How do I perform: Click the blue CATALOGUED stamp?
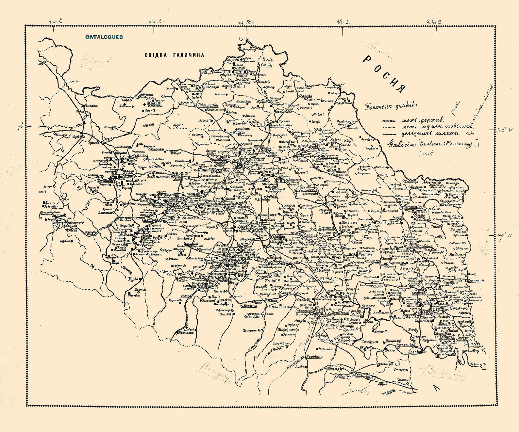[x=104, y=37]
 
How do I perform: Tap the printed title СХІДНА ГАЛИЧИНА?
[x=175, y=55]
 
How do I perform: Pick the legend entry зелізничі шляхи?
[x=430, y=134]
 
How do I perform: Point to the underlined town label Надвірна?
[x=314, y=357]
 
